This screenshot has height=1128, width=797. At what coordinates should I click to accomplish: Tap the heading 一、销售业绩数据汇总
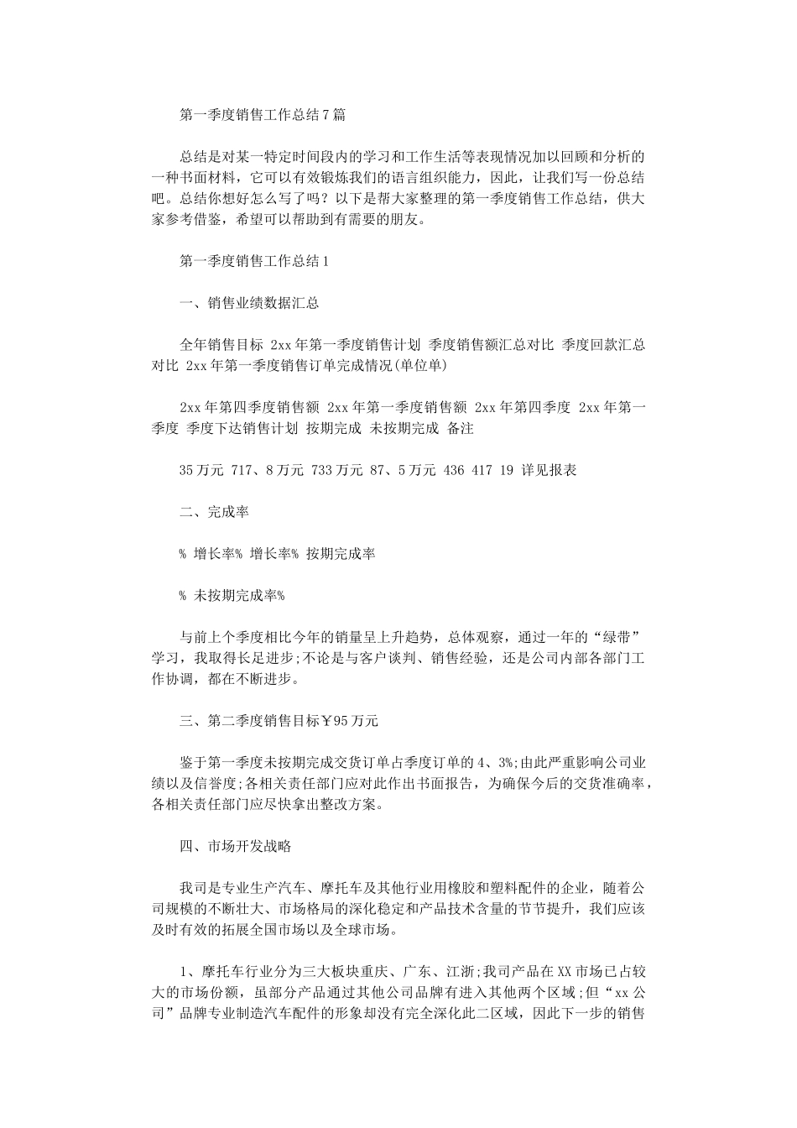click(x=249, y=303)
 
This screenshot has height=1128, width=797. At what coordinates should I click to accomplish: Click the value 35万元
click(x=201, y=470)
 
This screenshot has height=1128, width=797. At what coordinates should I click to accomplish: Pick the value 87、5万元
click(x=402, y=470)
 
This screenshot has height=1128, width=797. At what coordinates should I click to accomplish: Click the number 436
click(x=454, y=470)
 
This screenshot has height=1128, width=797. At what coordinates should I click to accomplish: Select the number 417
click(x=482, y=470)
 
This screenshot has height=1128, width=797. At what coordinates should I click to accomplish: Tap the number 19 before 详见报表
click(x=506, y=470)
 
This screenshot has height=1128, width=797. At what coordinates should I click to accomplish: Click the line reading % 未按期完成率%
click(x=232, y=595)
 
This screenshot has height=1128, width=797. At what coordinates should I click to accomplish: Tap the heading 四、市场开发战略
click(x=235, y=846)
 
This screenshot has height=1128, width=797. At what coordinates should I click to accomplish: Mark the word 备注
click(x=461, y=428)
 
